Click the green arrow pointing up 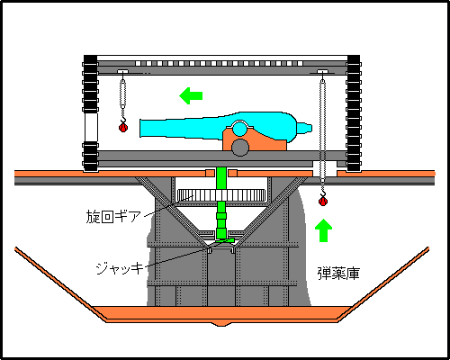[x=324, y=230]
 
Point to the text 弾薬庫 [x=338, y=271]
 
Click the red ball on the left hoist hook [x=123, y=127]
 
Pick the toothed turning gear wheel [x=221, y=195]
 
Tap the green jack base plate [x=221, y=242]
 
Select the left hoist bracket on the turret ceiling [x=123, y=72]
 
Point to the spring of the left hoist [x=123, y=94]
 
